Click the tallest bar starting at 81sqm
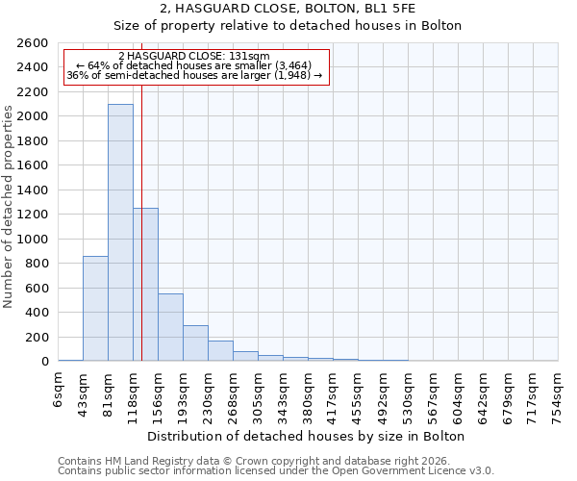(x=120, y=232)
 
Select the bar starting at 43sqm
(x=95, y=308)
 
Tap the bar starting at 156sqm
(x=170, y=327)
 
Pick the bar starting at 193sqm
(x=195, y=343)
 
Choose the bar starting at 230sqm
(x=220, y=351)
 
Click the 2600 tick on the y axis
(x=33, y=43)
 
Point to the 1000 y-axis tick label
(x=33, y=240)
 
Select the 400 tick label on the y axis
(x=37, y=313)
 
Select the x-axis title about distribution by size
(x=307, y=436)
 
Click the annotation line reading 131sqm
(x=194, y=57)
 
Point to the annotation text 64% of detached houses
(x=194, y=65)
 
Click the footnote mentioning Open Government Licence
(x=276, y=471)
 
